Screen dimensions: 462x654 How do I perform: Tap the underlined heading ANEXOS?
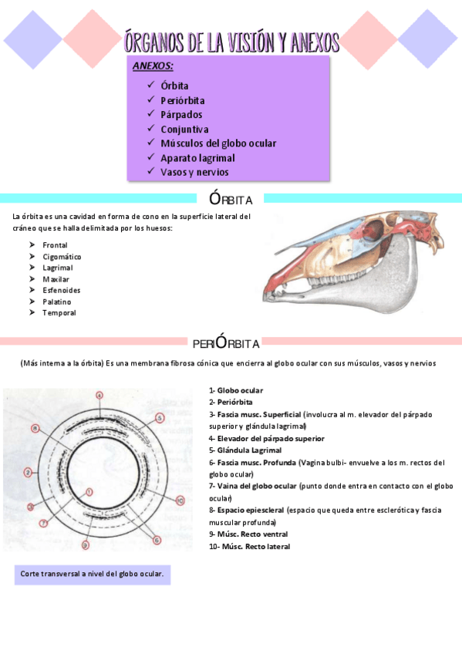pyautogui.click(x=153, y=67)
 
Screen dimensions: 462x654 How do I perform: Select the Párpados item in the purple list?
pyautogui.click(x=181, y=115)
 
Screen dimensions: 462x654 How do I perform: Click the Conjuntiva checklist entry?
pyautogui.click(x=184, y=130)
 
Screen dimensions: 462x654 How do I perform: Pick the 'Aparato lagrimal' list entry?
pyautogui.click(x=197, y=158)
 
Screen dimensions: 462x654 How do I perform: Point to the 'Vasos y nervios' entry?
pyautogui.click(x=194, y=173)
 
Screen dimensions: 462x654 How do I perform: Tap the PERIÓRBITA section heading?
pyautogui.click(x=226, y=342)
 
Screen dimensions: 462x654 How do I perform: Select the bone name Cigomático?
pyautogui.click(x=62, y=256)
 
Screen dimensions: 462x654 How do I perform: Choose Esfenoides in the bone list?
pyautogui.click(x=62, y=290)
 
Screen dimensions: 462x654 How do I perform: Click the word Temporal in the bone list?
pyautogui.click(x=59, y=313)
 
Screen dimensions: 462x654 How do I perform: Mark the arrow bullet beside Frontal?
pyautogui.click(x=32, y=245)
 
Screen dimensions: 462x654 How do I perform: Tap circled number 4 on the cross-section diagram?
pyautogui.click(x=99, y=396)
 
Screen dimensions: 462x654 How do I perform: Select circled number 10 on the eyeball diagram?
pyautogui.click(x=180, y=501)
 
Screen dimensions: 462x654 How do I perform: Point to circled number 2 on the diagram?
pyautogui.click(x=28, y=472)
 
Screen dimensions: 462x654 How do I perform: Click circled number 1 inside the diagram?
pyautogui.click(x=89, y=491)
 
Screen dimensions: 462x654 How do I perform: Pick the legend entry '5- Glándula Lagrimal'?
pyautogui.click(x=244, y=450)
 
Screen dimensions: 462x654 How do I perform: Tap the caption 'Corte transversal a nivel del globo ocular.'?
pyautogui.click(x=92, y=575)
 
